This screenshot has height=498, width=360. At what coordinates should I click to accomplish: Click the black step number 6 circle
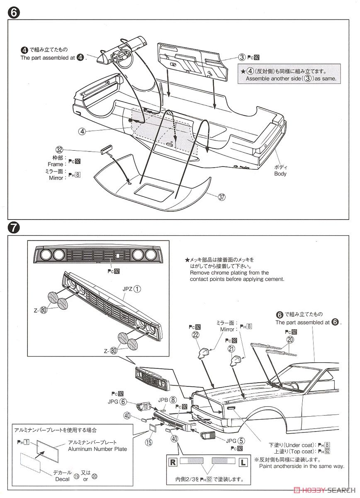click(13, 13)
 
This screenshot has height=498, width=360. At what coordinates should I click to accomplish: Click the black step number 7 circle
click(13, 227)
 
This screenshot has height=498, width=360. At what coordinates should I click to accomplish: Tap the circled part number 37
click(222, 197)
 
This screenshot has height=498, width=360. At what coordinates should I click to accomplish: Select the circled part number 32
click(59, 150)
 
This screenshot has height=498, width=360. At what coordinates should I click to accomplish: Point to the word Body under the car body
click(280, 174)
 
